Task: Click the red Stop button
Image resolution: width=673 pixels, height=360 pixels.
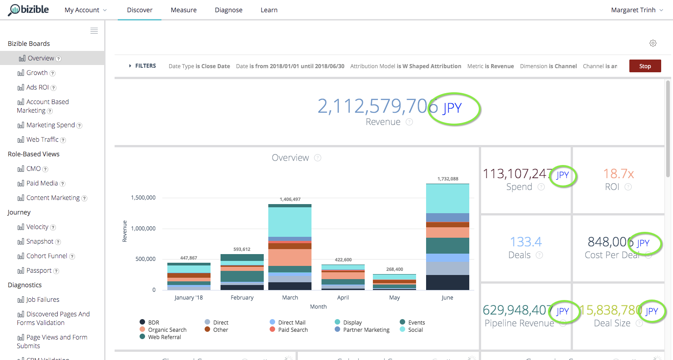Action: [x=645, y=66]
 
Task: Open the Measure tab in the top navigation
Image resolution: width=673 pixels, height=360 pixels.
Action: [x=183, y=10]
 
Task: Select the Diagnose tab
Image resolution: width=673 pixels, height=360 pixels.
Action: [x=228, y=10]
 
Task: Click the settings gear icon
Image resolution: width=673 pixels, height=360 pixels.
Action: [x=653, y=43]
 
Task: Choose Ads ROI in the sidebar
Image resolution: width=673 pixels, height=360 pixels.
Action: [x=37, y=87]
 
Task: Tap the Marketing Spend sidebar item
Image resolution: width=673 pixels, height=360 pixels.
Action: [x=50, y=125]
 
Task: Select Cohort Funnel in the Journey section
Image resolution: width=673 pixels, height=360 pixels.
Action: [x=46, y=256]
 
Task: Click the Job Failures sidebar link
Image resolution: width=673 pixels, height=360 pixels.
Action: [x=42, y=300]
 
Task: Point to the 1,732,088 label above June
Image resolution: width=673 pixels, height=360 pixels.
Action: [x=447, y=179]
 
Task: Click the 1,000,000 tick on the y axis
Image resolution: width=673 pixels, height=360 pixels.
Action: [x=143, y=228]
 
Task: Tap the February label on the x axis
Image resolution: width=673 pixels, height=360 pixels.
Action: [x=242, y=298]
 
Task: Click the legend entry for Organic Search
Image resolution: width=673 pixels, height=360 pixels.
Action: [x=167, y=330]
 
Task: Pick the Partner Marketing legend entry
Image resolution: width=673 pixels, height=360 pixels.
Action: [x=366, y=330]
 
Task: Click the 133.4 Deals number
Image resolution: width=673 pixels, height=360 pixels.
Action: [x=526, y=241]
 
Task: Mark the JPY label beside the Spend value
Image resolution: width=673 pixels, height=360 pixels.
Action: [x=563, y=175]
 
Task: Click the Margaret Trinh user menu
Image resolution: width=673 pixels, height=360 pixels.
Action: [x=637, y=10]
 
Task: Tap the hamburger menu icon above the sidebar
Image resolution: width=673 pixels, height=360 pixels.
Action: [x=94, y=31]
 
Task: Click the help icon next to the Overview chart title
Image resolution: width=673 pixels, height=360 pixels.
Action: [x=318, y=158]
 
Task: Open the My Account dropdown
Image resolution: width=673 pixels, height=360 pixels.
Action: [x=85, y=10]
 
